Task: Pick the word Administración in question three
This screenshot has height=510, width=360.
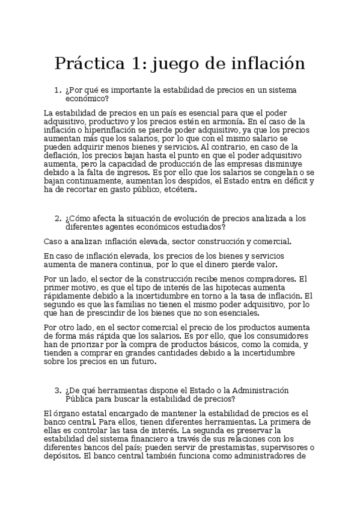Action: point(257,390)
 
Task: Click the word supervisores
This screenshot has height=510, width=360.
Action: point(279,447)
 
